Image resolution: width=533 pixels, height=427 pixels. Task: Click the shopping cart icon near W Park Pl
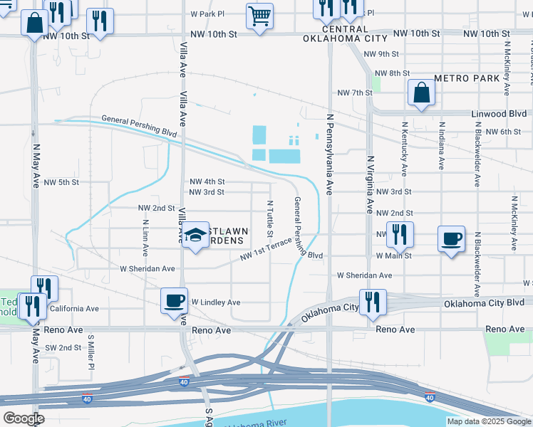[260, 16]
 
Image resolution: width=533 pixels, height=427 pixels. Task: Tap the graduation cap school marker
[195, 236]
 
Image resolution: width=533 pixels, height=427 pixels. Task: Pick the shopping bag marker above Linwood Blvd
[421, 93]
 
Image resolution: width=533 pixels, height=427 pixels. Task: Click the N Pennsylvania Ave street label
[329, 153]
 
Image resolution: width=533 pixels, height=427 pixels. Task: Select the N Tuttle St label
[270, 218]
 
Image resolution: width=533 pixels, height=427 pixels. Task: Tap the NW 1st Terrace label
[266, 249]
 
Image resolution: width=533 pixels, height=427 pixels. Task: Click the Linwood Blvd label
[499, 114]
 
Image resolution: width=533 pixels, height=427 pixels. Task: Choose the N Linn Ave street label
[145, 238]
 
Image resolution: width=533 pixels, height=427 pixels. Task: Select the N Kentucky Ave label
[404, 149]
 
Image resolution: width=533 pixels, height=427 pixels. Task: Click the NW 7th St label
[355, 93]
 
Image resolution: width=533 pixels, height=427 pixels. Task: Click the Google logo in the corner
[24, 418]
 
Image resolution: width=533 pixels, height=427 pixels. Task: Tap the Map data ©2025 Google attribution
[489, 421]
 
